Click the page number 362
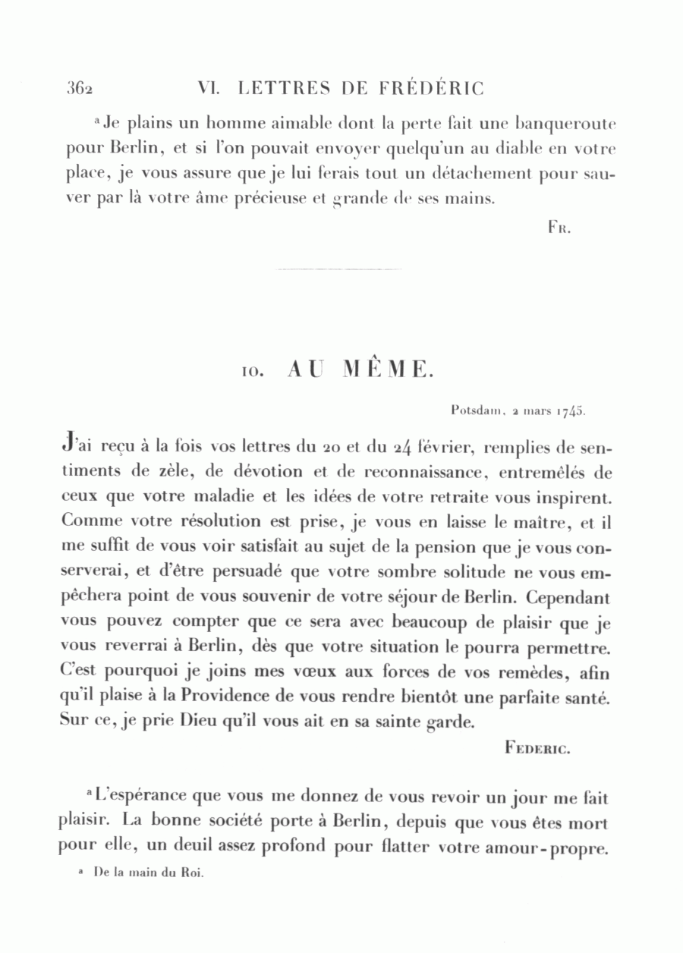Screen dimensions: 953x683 pyautogui.click(x=79, y=90)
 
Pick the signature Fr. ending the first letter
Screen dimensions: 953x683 pyautogui.click(x=559, y=227)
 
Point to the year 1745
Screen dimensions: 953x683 pyautogui.click(x=568, y=412)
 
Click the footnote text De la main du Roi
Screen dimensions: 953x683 pyautogui.click(x=149, y=873)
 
